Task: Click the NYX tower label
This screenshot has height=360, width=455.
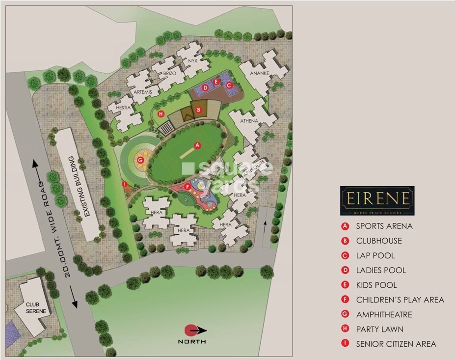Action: tap(192, 61)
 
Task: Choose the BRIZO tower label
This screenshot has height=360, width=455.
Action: tap(170, 73)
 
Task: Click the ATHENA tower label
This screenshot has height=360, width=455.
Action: tap(249, 121)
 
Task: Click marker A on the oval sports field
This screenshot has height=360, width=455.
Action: tap(197, 145)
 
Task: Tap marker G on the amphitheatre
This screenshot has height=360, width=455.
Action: tap(140, 160)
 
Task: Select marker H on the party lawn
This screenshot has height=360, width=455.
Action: tap(161, 113)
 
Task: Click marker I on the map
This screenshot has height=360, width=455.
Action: tap(125, 184)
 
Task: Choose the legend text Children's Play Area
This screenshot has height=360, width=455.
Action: tap(400, 300)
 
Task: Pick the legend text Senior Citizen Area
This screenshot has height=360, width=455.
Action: tap(396, 344)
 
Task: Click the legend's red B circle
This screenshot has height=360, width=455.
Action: tap(346, 241)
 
